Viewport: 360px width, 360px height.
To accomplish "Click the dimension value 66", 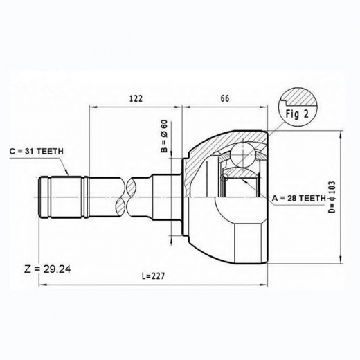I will point(225,98).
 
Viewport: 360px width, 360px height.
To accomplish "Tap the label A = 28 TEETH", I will point(298,199).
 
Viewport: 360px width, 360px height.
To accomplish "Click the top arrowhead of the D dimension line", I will point(341,133).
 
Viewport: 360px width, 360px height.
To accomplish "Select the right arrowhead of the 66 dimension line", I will point(268,106).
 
